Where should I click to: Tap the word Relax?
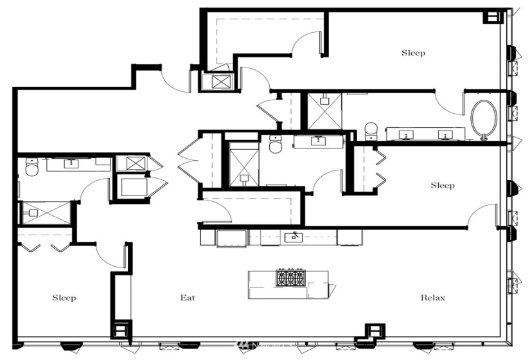pos(432,298)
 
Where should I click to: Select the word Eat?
pos(187,298)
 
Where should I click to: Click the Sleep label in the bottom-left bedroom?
pos(64,298)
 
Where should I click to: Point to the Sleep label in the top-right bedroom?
pos(413,53)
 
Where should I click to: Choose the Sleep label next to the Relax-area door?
pos(442,186)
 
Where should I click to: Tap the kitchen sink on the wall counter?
pos(294,237)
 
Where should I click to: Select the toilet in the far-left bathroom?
pos(30,168)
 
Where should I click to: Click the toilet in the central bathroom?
pos(275,145)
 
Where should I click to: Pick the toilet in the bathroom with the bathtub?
pos(370,130)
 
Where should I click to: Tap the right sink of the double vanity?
pos(444,134)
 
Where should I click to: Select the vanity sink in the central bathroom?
pos(318,140)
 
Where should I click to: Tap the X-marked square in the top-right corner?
pos(493,17)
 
